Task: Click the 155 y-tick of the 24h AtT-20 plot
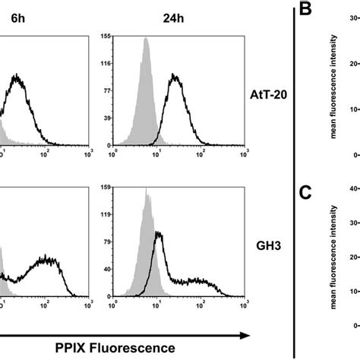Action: [107, 36]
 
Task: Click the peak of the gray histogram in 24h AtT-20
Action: [146, 39]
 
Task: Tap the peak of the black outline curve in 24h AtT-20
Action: [175, 74]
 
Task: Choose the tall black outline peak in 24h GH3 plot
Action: [159, 233]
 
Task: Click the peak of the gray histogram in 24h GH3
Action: [146, 188]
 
